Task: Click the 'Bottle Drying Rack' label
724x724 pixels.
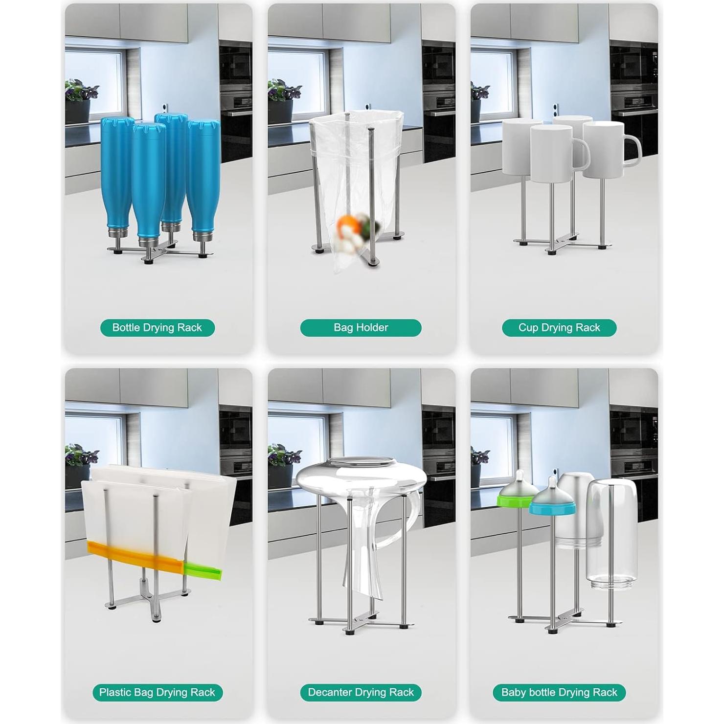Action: [157, 328]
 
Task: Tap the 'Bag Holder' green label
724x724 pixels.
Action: [361, 328]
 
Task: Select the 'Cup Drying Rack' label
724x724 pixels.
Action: [559, 328]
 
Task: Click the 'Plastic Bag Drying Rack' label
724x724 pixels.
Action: [157, 692]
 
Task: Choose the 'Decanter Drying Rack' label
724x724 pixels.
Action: [361, 692]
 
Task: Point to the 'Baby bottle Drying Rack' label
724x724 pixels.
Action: [559, 692]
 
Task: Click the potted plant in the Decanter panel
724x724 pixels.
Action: [282, 465]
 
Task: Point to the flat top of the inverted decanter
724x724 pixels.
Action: [361, 462]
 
